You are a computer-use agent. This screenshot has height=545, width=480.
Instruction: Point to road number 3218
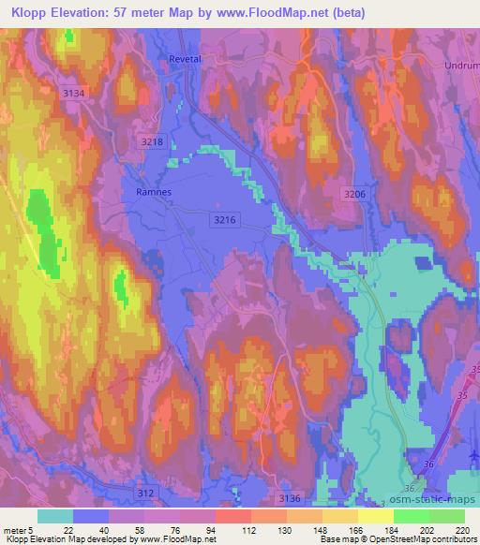click(x=152, y=141)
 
